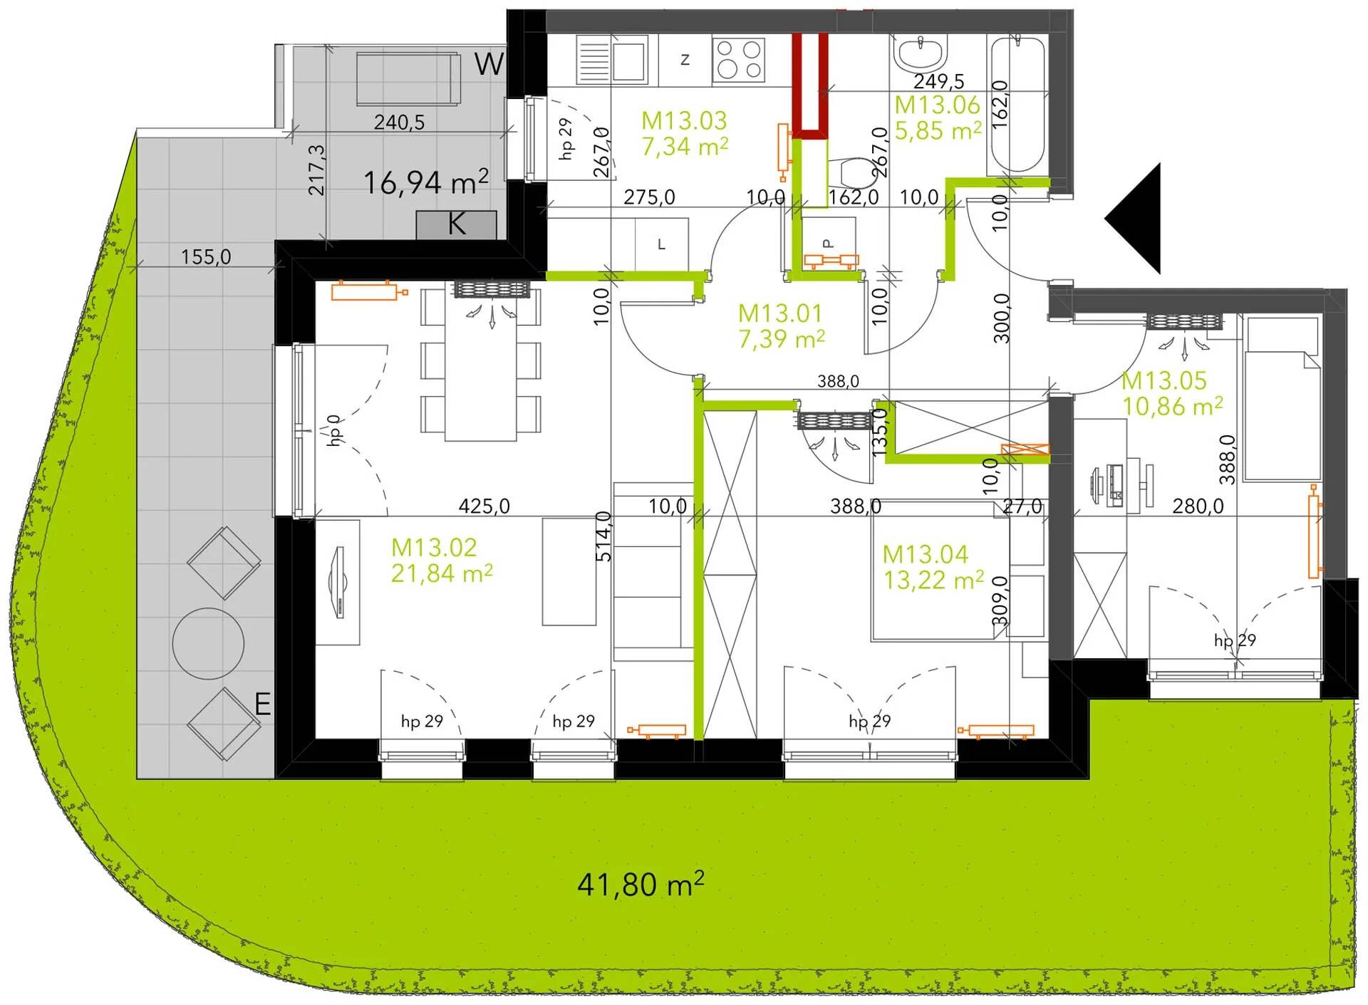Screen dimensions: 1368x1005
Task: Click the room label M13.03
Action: click(x=683, y=120)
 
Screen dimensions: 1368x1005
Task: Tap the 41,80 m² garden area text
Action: click(x=641, y=885)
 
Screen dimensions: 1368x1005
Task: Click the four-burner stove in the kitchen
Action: click(x=739, y=58)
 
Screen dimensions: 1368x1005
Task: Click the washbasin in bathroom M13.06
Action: click(x=922, y=53)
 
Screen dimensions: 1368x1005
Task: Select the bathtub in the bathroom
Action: click(x=1017, y=104)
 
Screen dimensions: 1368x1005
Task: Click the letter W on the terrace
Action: click(x=489, y=64)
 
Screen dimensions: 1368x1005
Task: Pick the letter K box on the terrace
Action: click(x=456, y=224)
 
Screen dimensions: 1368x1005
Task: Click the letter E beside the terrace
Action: click(x=263, y=704)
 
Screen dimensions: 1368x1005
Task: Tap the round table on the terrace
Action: click(x=207, y=643)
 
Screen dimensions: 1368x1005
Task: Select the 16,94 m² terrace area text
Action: click(x=426, y=182)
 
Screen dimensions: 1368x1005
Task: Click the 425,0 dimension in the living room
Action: click(x=484, y=506)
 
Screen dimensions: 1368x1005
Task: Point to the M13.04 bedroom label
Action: click(x=925, y=554)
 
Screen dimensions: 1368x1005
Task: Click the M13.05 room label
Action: click(x=1164, y=380)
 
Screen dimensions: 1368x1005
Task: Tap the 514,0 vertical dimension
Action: click(x=603, y=536)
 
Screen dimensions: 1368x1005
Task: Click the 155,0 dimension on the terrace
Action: click(x=206, y=256)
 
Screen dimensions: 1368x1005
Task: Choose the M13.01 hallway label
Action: click(x=779, y=313)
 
